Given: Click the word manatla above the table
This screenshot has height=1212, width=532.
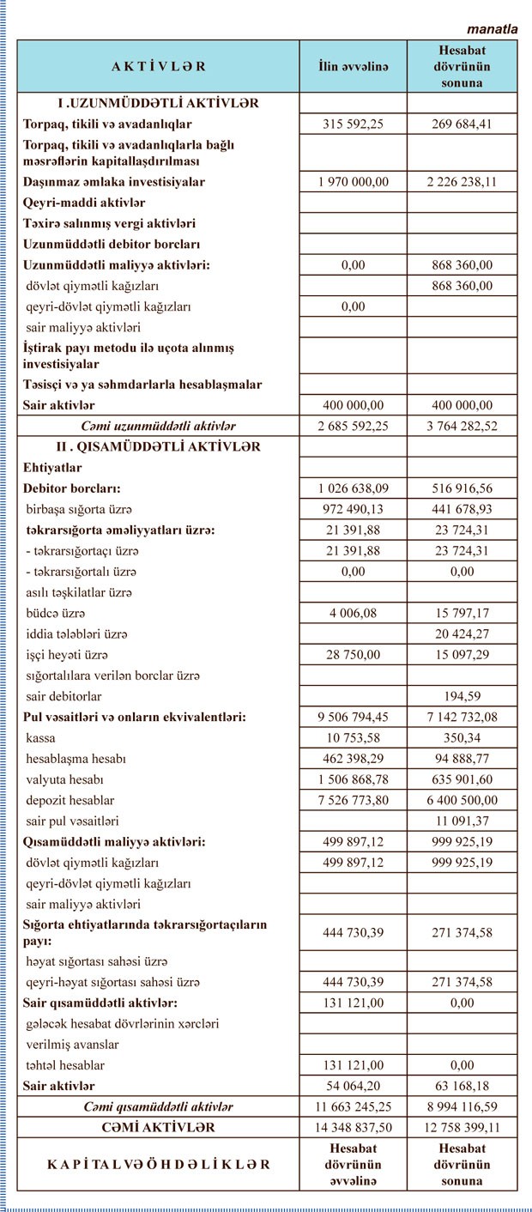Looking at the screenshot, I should (x=493, y=28).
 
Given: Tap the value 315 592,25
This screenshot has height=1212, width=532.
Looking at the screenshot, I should (x=353, y=124).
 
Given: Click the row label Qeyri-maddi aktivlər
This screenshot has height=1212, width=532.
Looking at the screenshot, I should (x=84, y=203).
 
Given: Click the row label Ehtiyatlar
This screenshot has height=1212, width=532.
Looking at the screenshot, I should (x=52, y=468).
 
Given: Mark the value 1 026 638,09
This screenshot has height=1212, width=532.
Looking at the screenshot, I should (x=353, y=488).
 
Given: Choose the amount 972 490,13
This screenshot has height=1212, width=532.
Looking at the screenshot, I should (x=353, y=509).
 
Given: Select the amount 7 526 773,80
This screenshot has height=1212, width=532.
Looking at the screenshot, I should (x=353, y=800).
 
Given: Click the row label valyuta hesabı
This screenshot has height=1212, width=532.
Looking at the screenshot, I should (x=64, y=779).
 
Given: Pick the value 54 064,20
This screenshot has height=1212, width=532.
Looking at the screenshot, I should (x=353, y=1086).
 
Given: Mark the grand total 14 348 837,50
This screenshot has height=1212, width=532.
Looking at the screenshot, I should (x=353, y=1127).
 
